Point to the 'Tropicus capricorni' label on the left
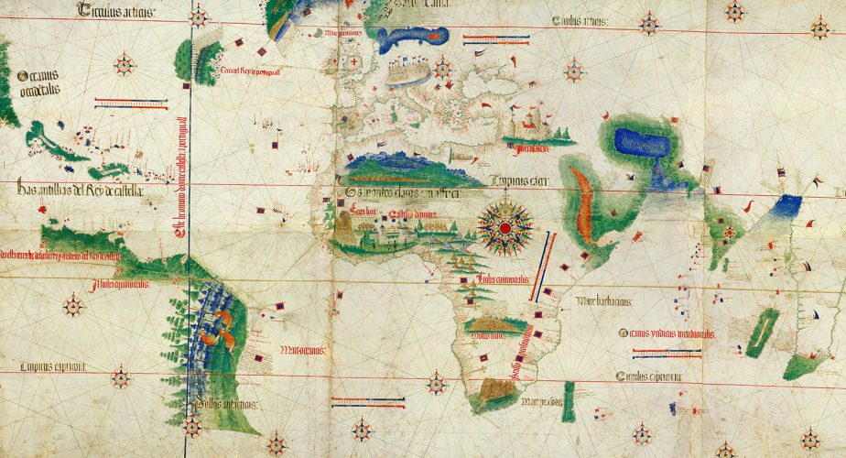pos(55,366)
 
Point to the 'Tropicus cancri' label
pos(519,180)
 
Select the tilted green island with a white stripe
pos(762,332)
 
